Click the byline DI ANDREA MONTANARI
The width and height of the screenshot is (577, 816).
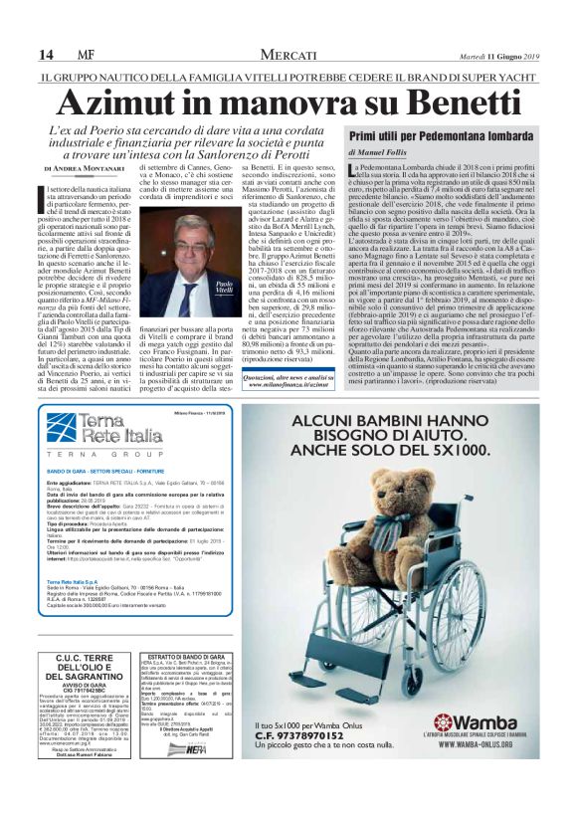[84, 168]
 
